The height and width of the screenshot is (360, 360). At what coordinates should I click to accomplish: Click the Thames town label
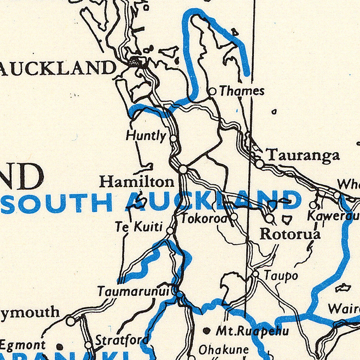pos(242,91)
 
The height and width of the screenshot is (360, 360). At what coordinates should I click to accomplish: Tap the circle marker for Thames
pos(212,92)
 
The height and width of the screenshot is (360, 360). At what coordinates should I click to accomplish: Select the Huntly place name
pos(146,136)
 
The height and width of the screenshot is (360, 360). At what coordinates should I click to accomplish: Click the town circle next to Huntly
pos(174,138)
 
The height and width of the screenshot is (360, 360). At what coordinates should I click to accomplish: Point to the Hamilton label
pos(137,181)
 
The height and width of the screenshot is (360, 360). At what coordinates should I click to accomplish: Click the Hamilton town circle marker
pos(183,169)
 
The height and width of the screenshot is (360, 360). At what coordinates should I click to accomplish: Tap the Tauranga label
pos(303,155)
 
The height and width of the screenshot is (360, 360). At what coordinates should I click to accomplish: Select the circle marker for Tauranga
pos(260,164)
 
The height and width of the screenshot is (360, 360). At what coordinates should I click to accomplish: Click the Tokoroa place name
pos(204,218)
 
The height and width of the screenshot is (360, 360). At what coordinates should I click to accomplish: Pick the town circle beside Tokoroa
pos(234,216)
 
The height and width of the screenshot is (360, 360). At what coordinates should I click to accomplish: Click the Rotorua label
pos(290,234)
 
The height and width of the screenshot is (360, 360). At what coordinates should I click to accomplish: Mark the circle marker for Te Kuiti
pos(170,230)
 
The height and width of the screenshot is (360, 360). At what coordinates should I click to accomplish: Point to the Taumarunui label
pos(133,291)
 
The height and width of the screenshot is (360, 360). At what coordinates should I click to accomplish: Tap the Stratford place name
pos(122,339)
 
